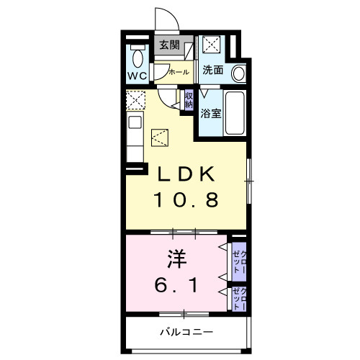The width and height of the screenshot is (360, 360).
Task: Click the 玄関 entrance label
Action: click(x=169, y=45)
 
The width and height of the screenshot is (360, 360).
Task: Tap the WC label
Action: click(x=138, y=76)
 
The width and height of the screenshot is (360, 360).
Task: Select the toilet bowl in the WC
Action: click(x=138, y=58)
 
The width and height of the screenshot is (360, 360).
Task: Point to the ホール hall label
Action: click(x=179, y=72)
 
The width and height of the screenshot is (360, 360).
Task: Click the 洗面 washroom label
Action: click(x=212, y=70)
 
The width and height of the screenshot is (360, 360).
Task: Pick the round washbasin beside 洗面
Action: click(x=239, y=73)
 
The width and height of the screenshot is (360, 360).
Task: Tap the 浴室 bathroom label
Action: click(x=211, y=113)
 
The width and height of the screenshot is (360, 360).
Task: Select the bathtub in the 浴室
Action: click(x=235, y=113)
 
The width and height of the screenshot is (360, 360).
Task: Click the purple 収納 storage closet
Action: click(x=189, y=100)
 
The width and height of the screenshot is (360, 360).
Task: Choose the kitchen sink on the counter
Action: click(x=135, y=122)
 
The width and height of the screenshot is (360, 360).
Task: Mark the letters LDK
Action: click(x=186, y=174)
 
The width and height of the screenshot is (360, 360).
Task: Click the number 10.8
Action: click(x=186, y=199)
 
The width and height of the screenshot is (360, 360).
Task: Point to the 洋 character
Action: click(x=177, y=259)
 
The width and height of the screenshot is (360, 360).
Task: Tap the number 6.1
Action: click(x=176, y=285)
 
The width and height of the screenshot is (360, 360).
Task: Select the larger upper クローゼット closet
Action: click(x=239, y=261)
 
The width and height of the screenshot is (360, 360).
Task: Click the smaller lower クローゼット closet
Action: click(x=239, y=299)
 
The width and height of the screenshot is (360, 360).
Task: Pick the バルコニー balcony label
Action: click(x=186, y=332)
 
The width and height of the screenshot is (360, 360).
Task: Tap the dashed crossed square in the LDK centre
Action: click(x=160, y=138)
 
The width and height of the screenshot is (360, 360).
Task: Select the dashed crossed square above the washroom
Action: click(x=211, y=44)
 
